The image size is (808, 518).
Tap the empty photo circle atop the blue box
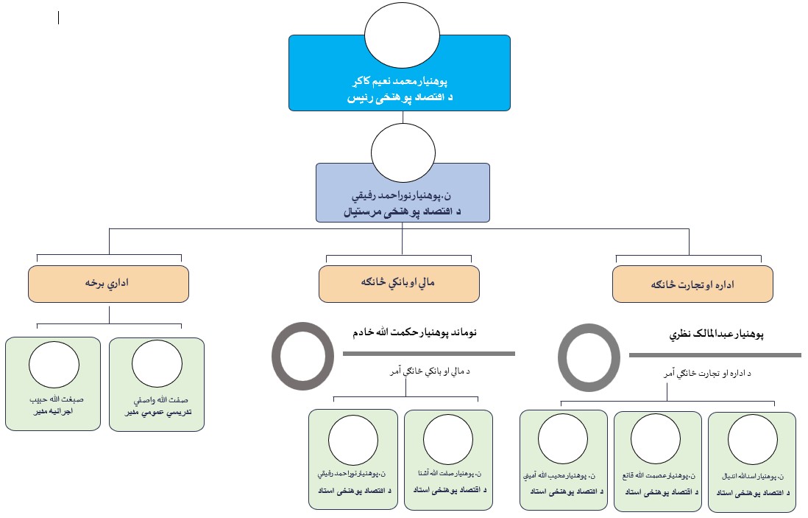pos(398,34)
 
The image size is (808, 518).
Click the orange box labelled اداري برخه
pos(109,283)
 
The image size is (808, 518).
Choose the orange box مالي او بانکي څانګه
pos(399,283)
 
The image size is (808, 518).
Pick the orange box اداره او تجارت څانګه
pos(692,284)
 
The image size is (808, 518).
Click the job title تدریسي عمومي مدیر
pos(157,413)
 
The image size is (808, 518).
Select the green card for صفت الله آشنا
pos(448,460)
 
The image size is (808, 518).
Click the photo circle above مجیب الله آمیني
pos(563,439)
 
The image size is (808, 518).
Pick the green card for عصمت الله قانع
pos(657,461)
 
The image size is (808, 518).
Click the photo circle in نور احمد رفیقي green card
pos(352,440)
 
